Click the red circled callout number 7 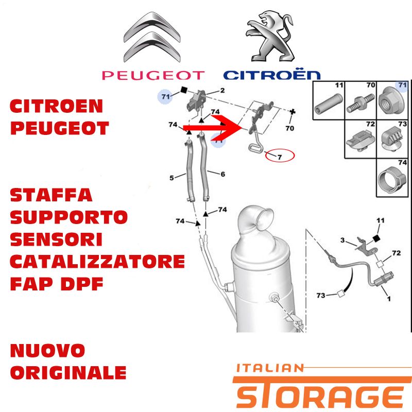(280, 157)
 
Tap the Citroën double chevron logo (152, 37)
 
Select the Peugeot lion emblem (270, 36)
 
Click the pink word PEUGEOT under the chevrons (153, 75)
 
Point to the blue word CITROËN (272, 75)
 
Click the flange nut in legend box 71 (391, 101)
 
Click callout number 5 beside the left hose (171, 178)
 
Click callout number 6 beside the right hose (222, 174)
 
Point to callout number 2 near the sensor (222, 91)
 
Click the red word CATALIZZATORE (97, 262)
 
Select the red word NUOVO (47, 350)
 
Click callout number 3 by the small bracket (342, 240)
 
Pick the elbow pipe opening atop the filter (265, 218)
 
